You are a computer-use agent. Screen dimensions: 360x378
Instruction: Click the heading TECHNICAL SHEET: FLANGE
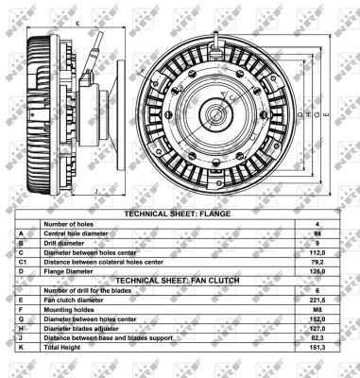(178, 214)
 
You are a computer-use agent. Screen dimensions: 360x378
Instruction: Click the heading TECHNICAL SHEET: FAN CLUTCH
(178, 281)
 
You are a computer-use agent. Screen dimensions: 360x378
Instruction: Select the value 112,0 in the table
(317, 252)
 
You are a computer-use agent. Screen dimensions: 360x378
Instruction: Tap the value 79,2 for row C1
(317, 262)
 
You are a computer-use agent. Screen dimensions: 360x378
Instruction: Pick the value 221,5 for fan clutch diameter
(317, 301)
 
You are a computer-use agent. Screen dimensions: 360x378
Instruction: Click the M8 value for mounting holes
(317, 310)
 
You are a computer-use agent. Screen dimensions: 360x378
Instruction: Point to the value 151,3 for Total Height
(317, 348)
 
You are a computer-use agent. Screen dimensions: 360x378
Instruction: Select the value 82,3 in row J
(317, 338)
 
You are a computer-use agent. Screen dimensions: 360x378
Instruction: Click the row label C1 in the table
(22, 262)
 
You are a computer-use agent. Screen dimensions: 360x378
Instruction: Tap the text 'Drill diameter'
(64, 243)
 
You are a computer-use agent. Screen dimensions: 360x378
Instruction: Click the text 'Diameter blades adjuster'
(81, 329)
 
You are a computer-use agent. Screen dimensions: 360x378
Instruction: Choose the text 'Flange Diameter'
(68, 271)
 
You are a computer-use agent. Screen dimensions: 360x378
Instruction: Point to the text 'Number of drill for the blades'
(88, 290)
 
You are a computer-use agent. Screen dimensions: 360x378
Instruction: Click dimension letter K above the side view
(77, 24)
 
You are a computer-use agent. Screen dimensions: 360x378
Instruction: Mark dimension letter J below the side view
(96, 191)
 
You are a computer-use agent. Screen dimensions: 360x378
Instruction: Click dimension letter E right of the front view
(326, 114)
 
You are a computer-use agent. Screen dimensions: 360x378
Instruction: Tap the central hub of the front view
(216, 114)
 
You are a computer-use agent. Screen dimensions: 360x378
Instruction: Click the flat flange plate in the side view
(121, 115)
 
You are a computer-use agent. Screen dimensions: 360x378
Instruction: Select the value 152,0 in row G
(317, 319)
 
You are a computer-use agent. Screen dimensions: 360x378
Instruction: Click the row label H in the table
(21, 329)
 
